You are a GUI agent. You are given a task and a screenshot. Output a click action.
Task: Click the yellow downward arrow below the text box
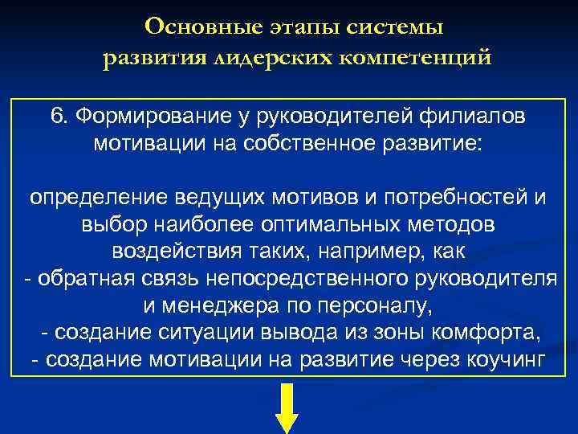(x=287, y=410)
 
